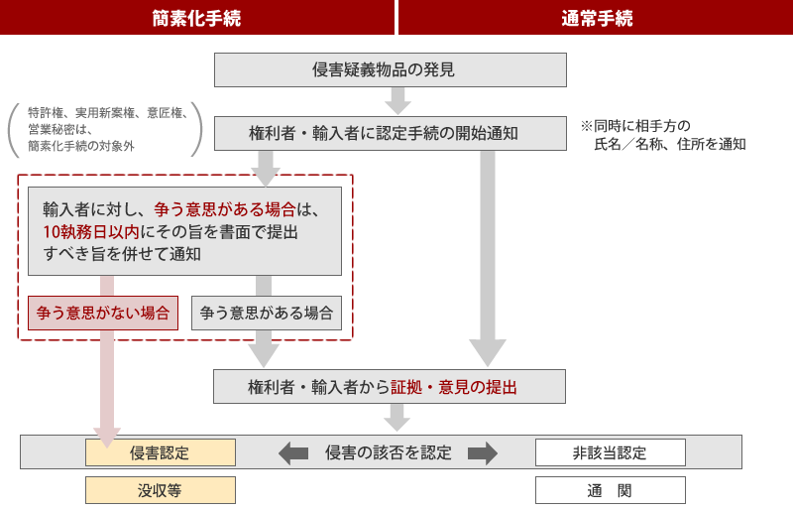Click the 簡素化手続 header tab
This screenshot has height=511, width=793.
[x=197, y=18]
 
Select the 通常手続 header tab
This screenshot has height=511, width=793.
[x=596, y=18]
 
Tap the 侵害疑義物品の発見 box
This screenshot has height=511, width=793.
[x=391, y=69]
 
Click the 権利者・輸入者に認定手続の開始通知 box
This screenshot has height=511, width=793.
[x=391, y=133]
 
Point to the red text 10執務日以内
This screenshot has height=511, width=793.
[x=91, y=232]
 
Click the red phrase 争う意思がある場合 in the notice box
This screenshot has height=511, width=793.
[x=225, y=209]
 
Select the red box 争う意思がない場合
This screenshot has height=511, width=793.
[x=103, y=313]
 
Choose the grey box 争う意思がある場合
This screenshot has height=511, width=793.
[x=267, y=313]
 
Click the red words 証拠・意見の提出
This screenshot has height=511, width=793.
[x=454, y=387]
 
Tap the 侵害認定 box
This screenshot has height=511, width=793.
[x=161, y=452]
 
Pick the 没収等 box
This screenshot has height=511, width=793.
[x=161, y=490]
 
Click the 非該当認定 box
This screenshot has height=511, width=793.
[x=611, y=452]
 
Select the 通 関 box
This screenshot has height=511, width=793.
[x=611, y=490]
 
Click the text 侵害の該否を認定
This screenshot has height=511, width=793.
[x=389, y=452]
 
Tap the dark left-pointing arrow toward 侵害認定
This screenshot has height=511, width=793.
[x=293, y=452]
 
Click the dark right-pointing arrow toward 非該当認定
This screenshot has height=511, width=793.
[x=483, y=452]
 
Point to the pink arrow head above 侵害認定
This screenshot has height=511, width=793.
[x=107, y=438]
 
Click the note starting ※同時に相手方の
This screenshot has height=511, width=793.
[x=663, y=135]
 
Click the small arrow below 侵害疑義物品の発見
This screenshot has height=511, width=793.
[x=398, y=101]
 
